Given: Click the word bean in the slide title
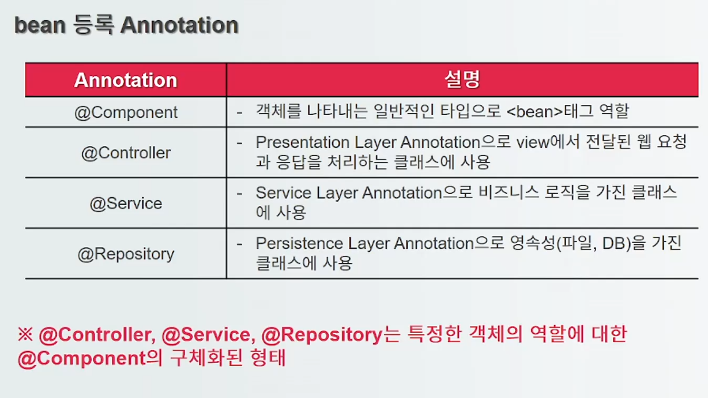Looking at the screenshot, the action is pyautogui.click(x=40, y=25).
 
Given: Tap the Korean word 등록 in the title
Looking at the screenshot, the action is pyautogui.click(x=93, y=25).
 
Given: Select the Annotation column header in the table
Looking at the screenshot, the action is pyautogui.click(x=126, y=80).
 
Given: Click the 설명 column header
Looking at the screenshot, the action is pyautogui.click(x=463, y=79).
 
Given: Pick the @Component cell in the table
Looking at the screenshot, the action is pyautogui.click(x=126, y=113).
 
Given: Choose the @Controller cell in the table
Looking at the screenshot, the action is pyautogui.click(x=126, y=153).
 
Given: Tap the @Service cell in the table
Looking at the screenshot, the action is pyautogui.click(x=126, y=203).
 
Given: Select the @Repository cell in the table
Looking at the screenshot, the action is pyautogui.click(x=126, y=254).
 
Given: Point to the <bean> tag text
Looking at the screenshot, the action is pyautogui.click(x=535, y=112).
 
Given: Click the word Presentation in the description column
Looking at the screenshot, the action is pyautogui.click(x=302, y=142).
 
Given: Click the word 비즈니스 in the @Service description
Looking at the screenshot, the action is pyautogui.click(x=508, y=192).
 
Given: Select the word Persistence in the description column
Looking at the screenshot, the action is pyautogui.click(x=299, y=243).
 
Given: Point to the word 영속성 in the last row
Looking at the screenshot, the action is pyautogui.click(x=533, y=243).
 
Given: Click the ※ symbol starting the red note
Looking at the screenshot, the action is pyautogui.click(x=26, y=334).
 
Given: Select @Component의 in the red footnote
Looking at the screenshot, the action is pyautogui.click(x=90, y=358).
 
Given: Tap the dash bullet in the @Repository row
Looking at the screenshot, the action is pyautogui.click(x=239, y=244).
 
